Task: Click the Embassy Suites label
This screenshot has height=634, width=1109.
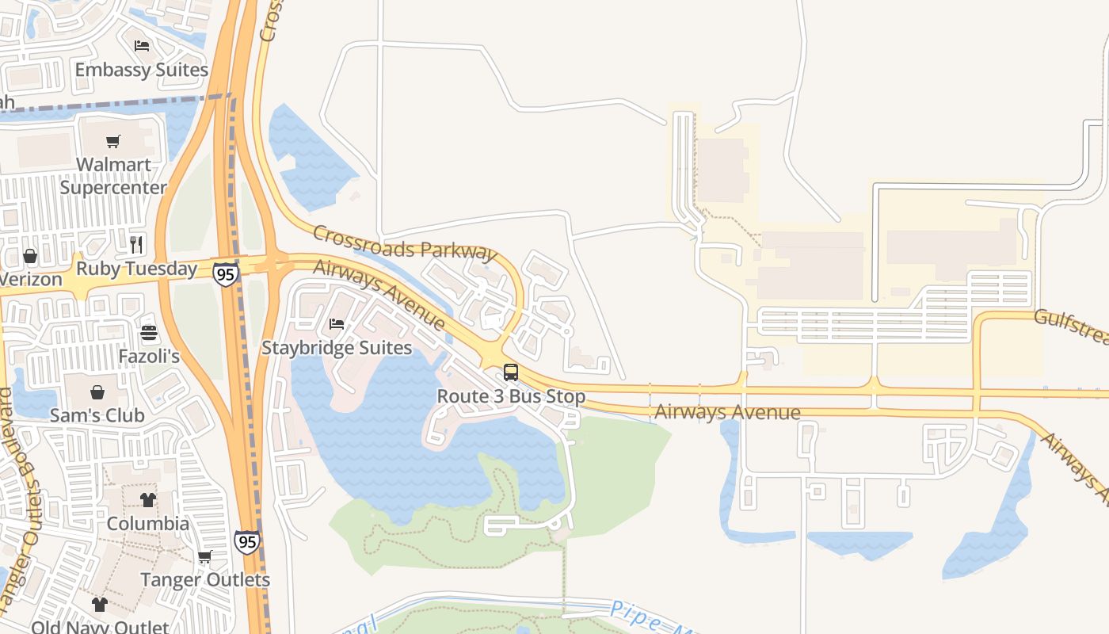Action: coord(141,70)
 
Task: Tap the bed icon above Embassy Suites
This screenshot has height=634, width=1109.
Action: coord(142,45)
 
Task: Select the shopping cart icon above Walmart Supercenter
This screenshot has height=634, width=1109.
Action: coord(113,142)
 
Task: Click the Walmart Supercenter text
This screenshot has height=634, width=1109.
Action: coord(113,176)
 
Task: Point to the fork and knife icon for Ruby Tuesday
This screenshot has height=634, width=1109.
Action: coord(136,244)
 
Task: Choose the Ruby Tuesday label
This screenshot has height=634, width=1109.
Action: coord(136,269)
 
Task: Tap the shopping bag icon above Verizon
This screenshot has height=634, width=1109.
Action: coord(30,256)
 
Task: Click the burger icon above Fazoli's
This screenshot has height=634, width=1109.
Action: coord(149,332)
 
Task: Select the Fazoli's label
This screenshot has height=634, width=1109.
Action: coord(149,357)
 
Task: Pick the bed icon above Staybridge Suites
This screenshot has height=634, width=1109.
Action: coord(337,323)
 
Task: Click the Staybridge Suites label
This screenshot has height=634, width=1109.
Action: coord(337,348)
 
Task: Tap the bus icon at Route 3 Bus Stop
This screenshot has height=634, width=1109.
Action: coord(511,372)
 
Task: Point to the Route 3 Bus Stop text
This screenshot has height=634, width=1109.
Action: coord(511,396)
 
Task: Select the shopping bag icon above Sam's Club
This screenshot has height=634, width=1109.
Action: coord(97,391)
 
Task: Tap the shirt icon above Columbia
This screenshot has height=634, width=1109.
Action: coord(148,499)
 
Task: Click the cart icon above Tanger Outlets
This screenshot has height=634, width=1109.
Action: coord(205,556)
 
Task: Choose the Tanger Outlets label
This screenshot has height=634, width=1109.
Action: coord(205,580)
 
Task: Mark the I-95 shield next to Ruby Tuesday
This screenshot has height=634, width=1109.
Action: coord(226,274)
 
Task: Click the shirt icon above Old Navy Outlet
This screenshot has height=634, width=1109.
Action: coord(99,605)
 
